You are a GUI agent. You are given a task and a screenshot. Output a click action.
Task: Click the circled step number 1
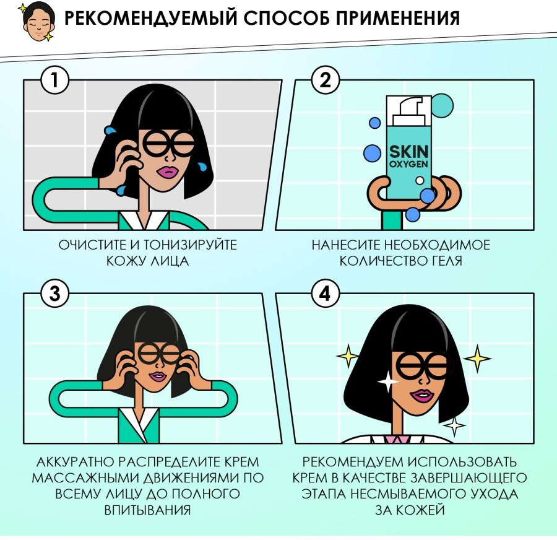point(54,80)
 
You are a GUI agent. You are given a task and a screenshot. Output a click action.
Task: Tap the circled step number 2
point(326,80)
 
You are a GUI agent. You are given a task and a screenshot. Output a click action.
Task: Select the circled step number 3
point(54,294)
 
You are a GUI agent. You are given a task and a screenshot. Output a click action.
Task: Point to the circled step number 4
point(326,294)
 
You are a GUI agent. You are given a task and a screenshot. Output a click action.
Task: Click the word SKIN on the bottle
point(409,152)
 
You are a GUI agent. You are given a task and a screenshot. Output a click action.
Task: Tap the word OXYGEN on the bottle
point(408,164)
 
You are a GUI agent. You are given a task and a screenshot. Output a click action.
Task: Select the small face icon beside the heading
point(37,22)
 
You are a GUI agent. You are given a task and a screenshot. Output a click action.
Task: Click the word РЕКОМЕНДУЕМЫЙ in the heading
point(150,18)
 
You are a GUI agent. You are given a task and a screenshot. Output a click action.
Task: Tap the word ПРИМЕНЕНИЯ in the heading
point(398,18)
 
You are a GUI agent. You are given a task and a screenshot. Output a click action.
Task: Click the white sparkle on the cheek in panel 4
point(388,381)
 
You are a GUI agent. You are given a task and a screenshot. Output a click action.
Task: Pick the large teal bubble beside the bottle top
point(443,105)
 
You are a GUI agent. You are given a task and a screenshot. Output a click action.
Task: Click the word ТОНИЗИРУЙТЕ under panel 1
point(190,245)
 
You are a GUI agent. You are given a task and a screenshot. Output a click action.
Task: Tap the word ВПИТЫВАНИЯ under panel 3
point(147,510)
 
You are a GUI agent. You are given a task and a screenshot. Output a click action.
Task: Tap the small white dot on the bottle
point(420,180)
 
